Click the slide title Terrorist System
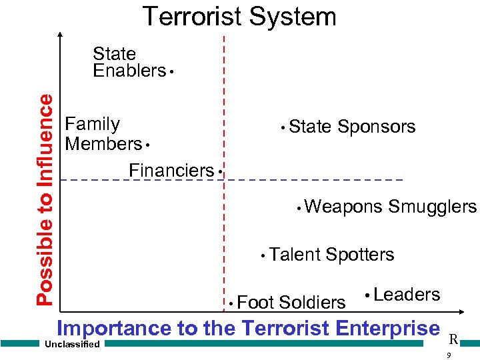pos(239,16)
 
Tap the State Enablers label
pos(128,62)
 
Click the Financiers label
pos(171,170)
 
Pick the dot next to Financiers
pos(219,172)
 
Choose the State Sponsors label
pos(352,127)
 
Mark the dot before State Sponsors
pos(283,127)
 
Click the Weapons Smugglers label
pos(390,207)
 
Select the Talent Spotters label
pos(332,255)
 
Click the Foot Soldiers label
pos(291,303)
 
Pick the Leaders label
pos(407,295)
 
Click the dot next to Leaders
pos(367,295)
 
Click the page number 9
pos(449,355)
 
